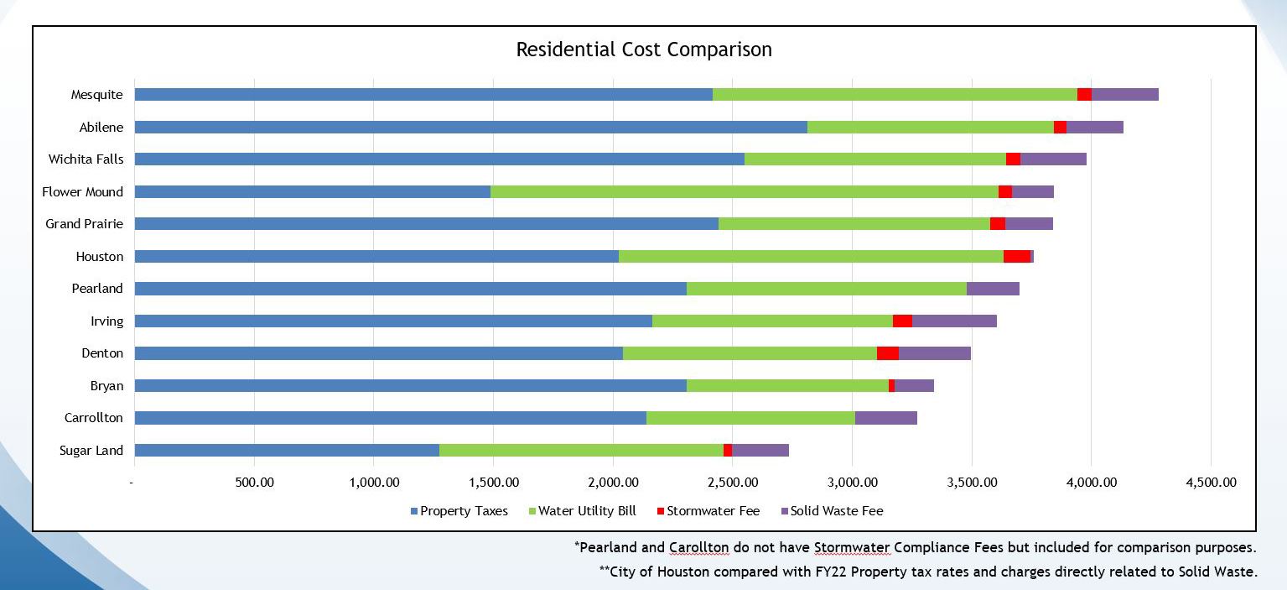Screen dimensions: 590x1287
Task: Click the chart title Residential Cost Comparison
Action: pos(643,50)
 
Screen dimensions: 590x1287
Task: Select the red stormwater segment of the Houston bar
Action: pos(1016,257)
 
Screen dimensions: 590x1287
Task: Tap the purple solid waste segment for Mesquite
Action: pos(1124,95)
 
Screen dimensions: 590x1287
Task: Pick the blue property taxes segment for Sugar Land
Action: pos(287,451)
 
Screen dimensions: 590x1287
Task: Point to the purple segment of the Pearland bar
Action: pos(993,289)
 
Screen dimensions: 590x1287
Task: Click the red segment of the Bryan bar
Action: pos(891,386)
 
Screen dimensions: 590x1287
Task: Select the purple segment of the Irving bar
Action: pos(954,321)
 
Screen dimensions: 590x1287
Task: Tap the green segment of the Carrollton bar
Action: pos(750,418)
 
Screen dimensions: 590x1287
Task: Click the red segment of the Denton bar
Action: pos(887,353)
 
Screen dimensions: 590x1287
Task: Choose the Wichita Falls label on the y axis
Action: pos(86,159)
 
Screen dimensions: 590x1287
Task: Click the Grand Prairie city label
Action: pos(84,224)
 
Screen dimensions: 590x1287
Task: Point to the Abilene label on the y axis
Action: pos(101,128)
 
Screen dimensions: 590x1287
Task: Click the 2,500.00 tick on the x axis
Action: pos(733,483)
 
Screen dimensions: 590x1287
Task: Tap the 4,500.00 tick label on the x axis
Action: pos(1211,483)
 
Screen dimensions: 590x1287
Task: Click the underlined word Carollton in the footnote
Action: pos(698,548)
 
